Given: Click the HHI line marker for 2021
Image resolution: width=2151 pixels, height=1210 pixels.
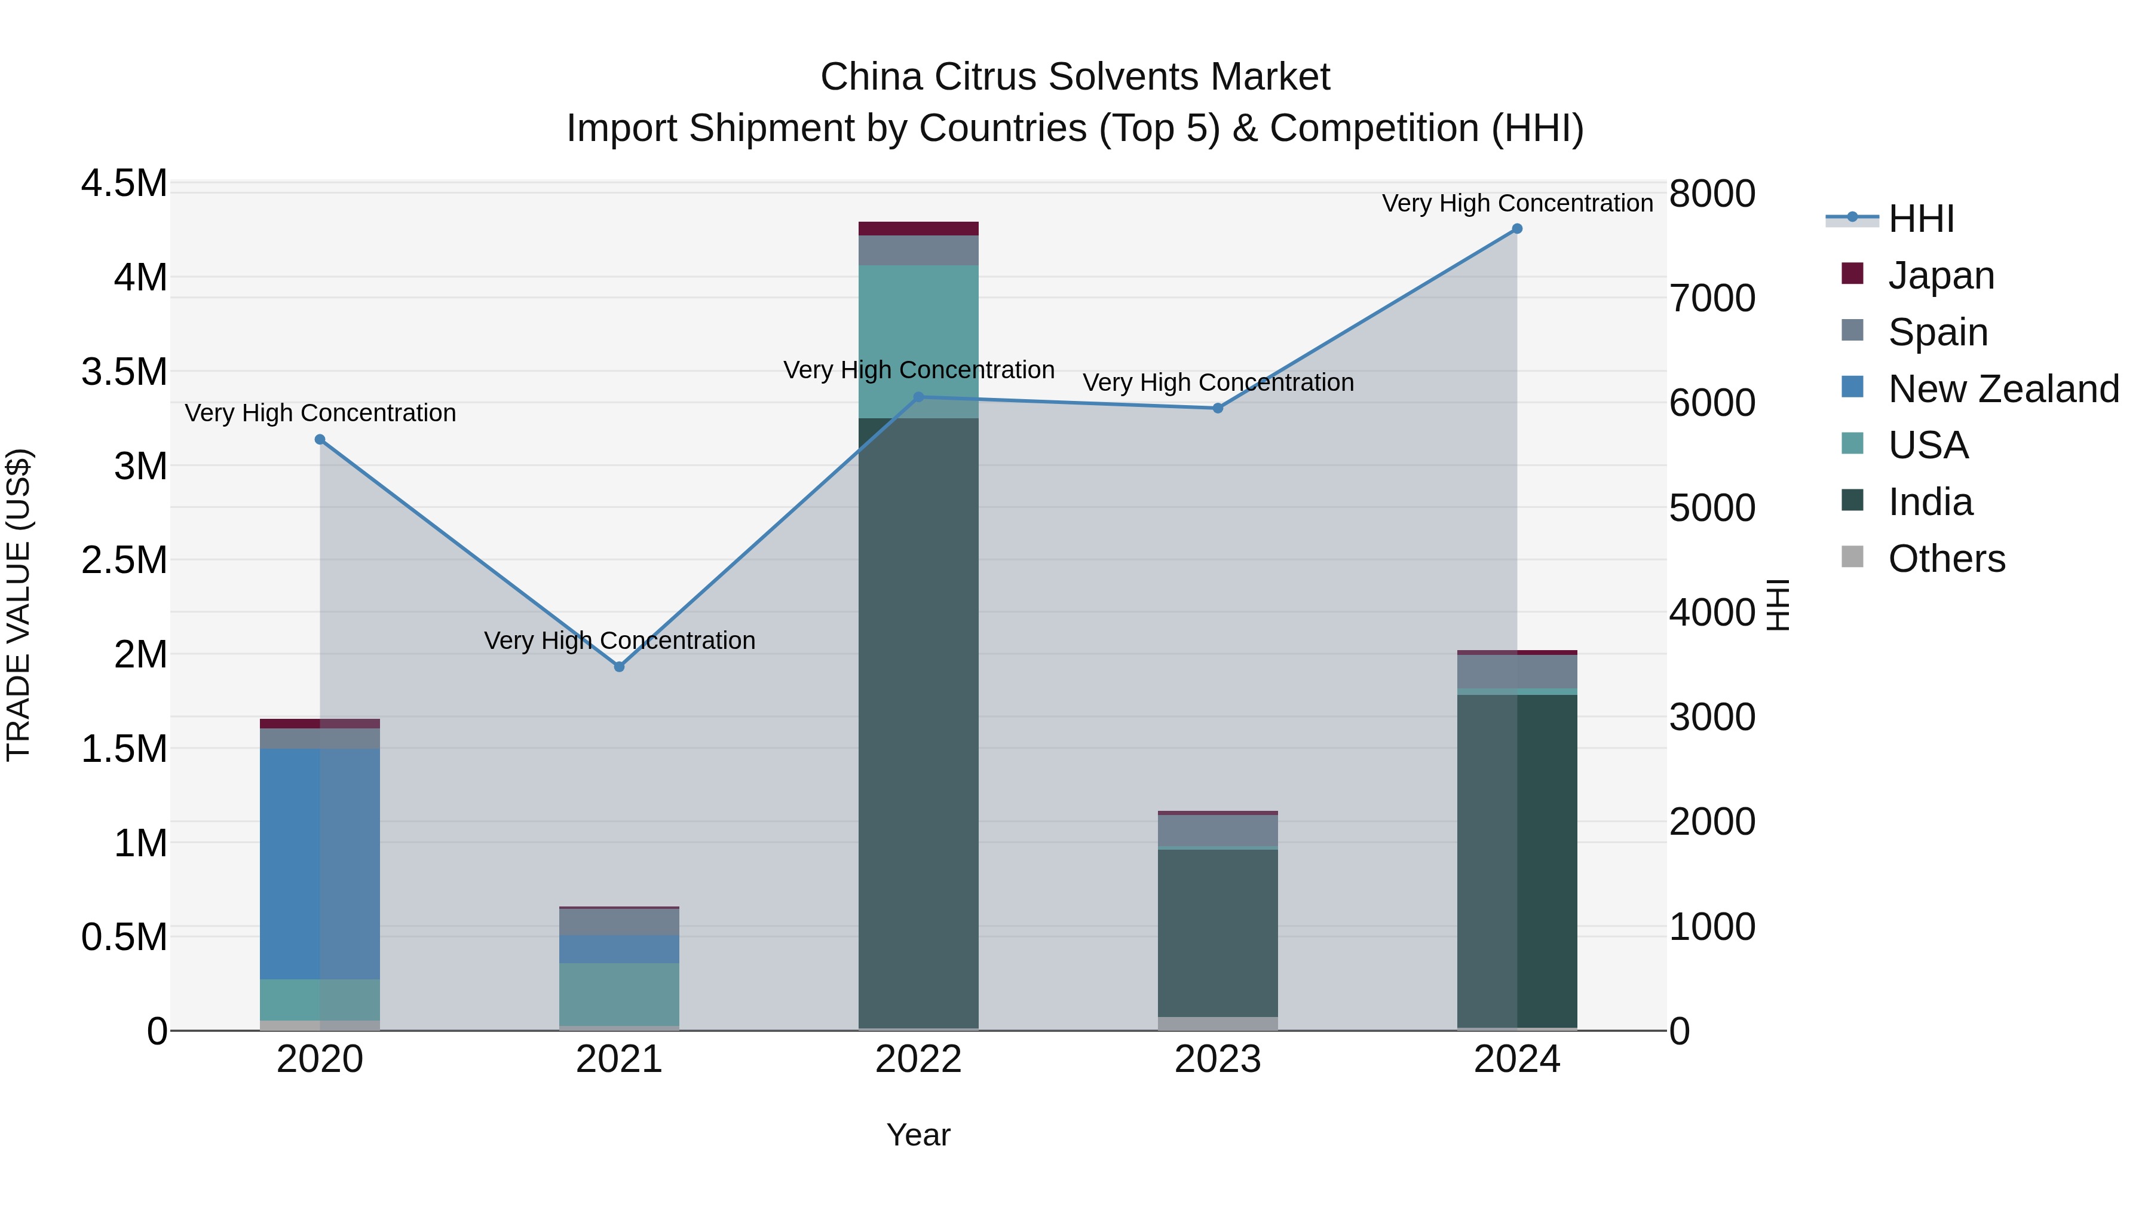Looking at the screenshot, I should [x=619, y=666].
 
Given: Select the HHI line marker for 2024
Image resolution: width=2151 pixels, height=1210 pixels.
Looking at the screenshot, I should [x=1517, y=229].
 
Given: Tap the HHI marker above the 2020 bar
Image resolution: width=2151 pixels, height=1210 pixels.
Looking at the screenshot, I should [x=320, y=439].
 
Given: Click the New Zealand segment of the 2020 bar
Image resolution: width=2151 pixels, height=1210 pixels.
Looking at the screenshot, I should [x=320, y=863].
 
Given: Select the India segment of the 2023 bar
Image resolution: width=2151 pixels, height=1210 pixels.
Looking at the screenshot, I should [x=1218, y=932].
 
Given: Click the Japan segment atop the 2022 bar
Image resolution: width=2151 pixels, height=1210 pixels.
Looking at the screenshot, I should [x=918, y=228].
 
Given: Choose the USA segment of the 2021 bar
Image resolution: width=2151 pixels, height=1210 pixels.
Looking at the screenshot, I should [x=619, y=994].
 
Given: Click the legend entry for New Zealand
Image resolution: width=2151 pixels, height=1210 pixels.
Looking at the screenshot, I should [x=2002, y=388].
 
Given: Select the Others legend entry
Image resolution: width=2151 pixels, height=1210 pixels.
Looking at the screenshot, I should [x=1945, y=558].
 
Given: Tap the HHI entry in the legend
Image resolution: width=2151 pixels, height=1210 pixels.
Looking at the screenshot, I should [x=1920, y=218].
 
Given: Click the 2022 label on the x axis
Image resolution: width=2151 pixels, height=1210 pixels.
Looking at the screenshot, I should [x=918, y=1059].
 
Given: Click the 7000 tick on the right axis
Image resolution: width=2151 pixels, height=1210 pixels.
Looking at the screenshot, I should [x=1712, y=298].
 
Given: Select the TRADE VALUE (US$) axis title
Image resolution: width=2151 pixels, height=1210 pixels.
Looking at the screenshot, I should [x=19, y=605].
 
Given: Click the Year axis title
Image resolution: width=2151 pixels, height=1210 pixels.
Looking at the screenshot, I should [x=918, y=1135].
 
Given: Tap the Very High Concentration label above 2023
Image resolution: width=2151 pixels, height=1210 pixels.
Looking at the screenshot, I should [x=1218, y=382].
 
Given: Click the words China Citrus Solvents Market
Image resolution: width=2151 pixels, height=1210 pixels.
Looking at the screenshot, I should [x=1075, y=77].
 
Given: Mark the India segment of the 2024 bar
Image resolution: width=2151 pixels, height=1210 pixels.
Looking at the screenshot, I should [x=1517, y=860].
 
